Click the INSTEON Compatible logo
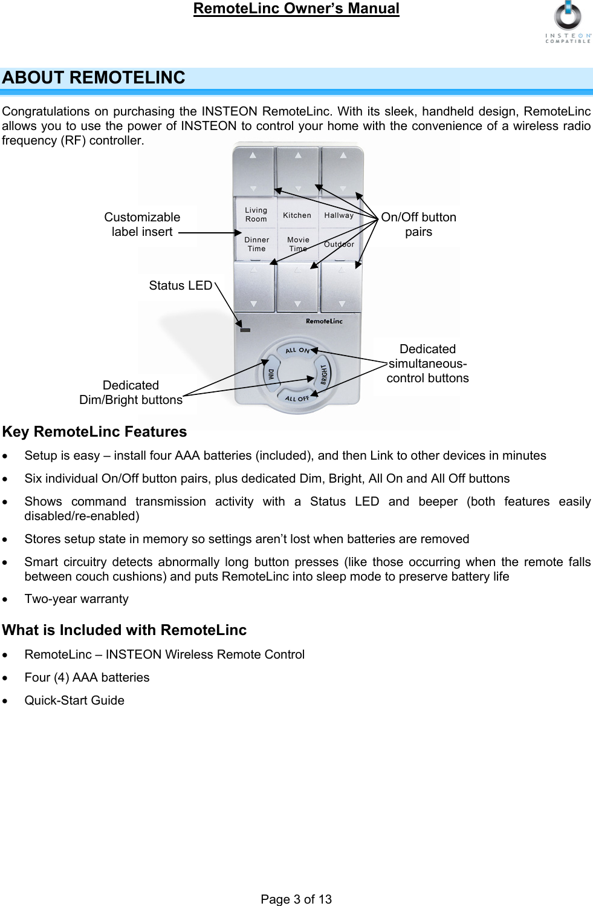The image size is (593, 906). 568,22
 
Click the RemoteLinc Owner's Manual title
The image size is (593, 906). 296,8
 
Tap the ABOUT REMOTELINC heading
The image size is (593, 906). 94,78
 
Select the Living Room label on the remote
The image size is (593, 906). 256,215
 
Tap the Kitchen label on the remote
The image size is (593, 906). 297,215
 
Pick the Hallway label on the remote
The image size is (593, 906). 339,215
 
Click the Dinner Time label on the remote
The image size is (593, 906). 256,244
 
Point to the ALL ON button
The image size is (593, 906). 297,350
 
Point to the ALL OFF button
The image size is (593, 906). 297,399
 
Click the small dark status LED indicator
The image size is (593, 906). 245,330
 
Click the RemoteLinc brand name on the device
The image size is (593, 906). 324,321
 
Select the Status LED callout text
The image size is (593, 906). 180,285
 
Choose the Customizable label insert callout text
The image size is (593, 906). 142,224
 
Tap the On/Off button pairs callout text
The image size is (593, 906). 418,224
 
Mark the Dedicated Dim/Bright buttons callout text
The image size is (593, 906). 131,393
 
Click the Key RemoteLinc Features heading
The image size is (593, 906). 94,432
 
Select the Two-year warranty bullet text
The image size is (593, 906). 76,599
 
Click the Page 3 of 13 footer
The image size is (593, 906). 296,899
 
